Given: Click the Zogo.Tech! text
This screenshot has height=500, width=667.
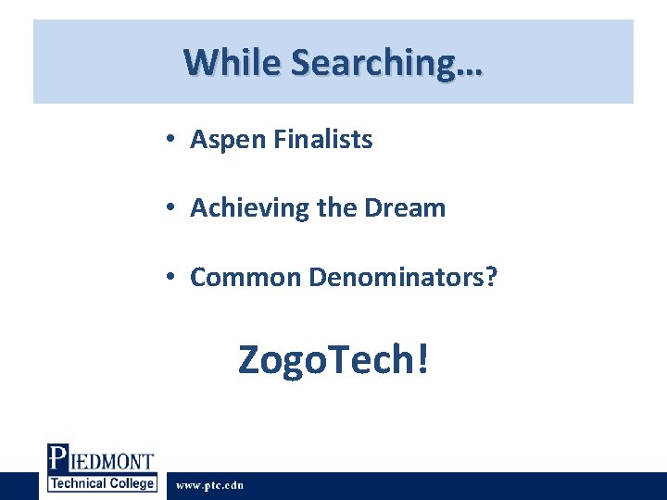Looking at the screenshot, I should click(x=333, y=359).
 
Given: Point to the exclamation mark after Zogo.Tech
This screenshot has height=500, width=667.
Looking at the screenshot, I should click(x=423, y=357).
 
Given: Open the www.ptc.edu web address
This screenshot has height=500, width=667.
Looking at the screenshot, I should click(x=210, y=485).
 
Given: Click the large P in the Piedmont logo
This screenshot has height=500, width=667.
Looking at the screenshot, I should click(x=57, y=460).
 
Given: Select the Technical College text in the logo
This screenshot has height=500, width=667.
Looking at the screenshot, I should click(x=102, y=483).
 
